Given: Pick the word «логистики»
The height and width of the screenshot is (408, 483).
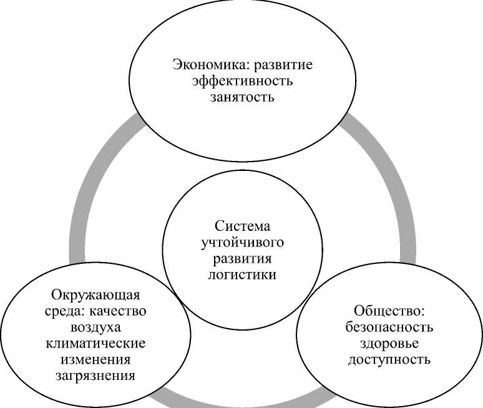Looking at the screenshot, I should tap(241, 274).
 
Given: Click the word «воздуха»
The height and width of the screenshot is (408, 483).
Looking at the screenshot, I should tap(95, 327).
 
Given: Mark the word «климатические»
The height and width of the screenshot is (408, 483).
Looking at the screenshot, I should tap(95, 343).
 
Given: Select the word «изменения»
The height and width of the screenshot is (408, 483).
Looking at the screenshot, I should tap(95, 359).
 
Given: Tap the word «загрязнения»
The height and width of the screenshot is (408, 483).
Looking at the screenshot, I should tap(95, 376).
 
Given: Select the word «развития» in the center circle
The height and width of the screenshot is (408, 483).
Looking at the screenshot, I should tap(241, 258).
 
